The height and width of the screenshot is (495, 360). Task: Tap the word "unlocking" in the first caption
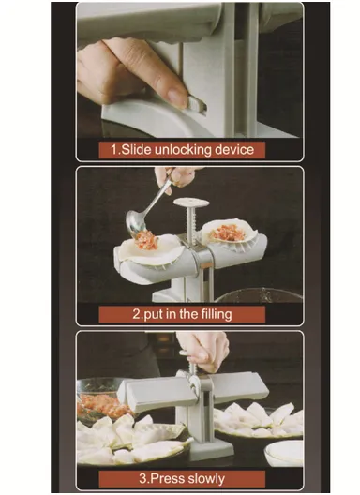[x=195, y=149]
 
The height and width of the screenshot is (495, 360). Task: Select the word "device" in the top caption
[x=243, y=149]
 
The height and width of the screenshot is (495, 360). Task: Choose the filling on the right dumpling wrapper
[x=228, y=232]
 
